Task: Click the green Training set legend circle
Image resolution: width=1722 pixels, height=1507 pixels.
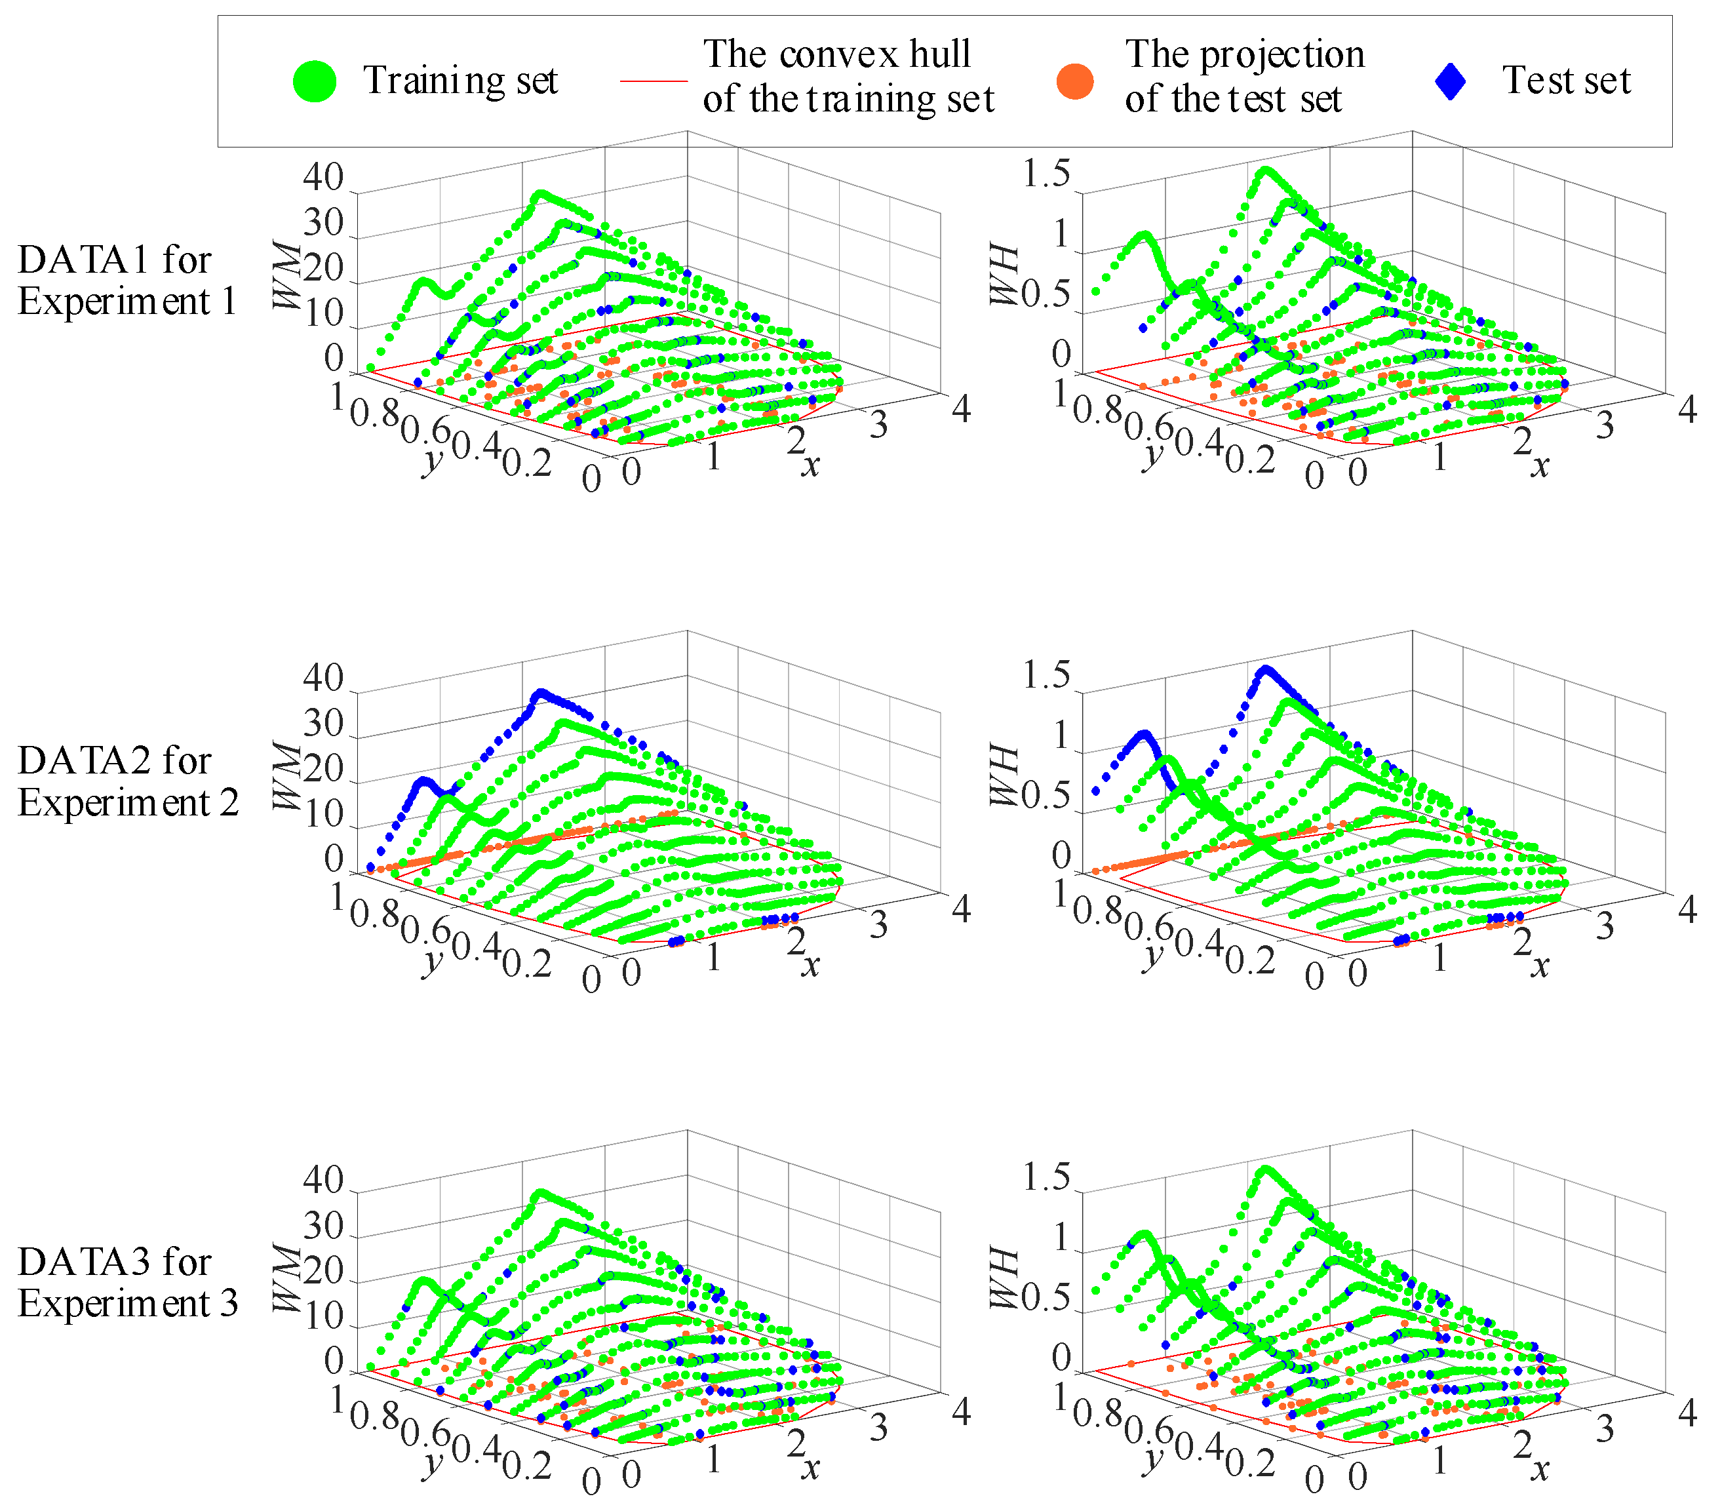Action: click(315, 81)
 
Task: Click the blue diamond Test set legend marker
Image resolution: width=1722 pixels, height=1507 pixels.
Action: click(1451, 81)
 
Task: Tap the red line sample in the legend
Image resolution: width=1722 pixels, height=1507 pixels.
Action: click(654, 81)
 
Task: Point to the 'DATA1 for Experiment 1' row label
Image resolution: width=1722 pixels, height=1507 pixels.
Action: click(126, 280)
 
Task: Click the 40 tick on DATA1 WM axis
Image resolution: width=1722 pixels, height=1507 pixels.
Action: click(324, 178)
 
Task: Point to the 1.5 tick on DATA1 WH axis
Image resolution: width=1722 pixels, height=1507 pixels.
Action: click(1046, 174)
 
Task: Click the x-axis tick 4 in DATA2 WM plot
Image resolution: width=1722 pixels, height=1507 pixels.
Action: click(961, 909)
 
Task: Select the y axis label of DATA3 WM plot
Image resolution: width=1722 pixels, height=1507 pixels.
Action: click(431, 1463)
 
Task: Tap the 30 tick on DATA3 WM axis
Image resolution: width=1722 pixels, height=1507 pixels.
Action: click(324, 1227)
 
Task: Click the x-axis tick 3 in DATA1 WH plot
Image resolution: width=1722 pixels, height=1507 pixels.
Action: click(1604, 425)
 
